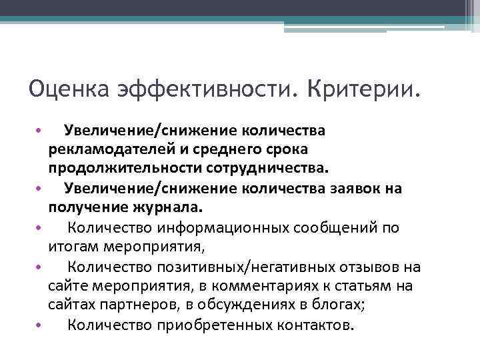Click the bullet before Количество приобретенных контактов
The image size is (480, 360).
39,326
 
